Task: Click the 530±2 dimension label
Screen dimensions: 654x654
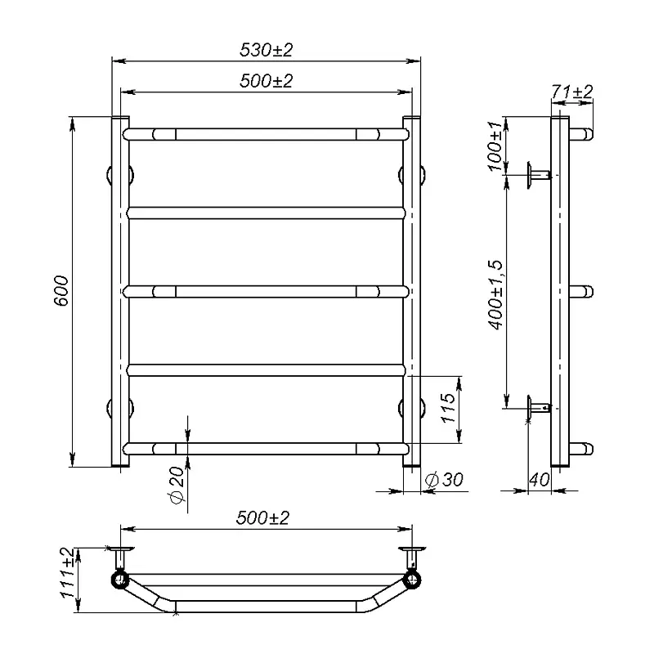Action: [x=267, y=50]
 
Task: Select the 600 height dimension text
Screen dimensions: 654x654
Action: [x=61, y=291]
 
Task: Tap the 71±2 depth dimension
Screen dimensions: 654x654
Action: [x=571, y=92]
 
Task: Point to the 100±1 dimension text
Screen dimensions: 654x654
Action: [x=495, y=146]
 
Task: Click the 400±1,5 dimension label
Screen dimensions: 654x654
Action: [x=496, y=295]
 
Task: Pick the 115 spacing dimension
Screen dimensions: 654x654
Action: [x=448, y=407]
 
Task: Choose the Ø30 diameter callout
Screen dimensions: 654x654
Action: [x=444, y=480]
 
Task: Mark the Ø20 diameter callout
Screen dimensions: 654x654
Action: [x=177, y=485]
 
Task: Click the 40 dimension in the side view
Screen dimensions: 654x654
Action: [x=540, y=480]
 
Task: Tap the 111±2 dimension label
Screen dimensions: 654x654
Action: [x=67, y=573]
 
